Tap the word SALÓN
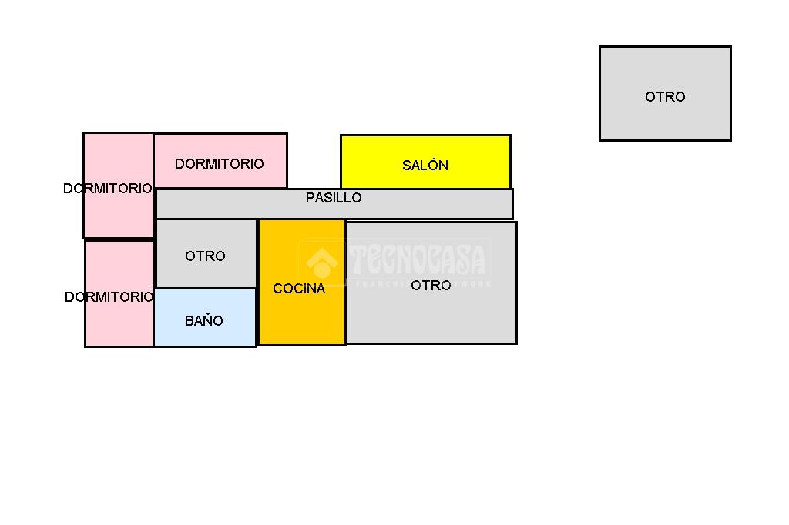(x=425, y=166)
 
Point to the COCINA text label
(x=299, y=289)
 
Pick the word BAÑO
(x=204, y=321)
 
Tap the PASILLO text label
(x=334, y=198)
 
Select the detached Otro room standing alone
(x=665, y=119)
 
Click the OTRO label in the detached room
(x=665, y=97)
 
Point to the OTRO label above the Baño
(x=205, y=256)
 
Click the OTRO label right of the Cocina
(x=431, y=286)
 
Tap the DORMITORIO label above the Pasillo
(x=219, y=164)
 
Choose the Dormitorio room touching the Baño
(x=119, y=323)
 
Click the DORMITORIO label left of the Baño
(x=109, y=297)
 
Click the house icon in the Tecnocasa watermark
(x=322, y=263)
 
